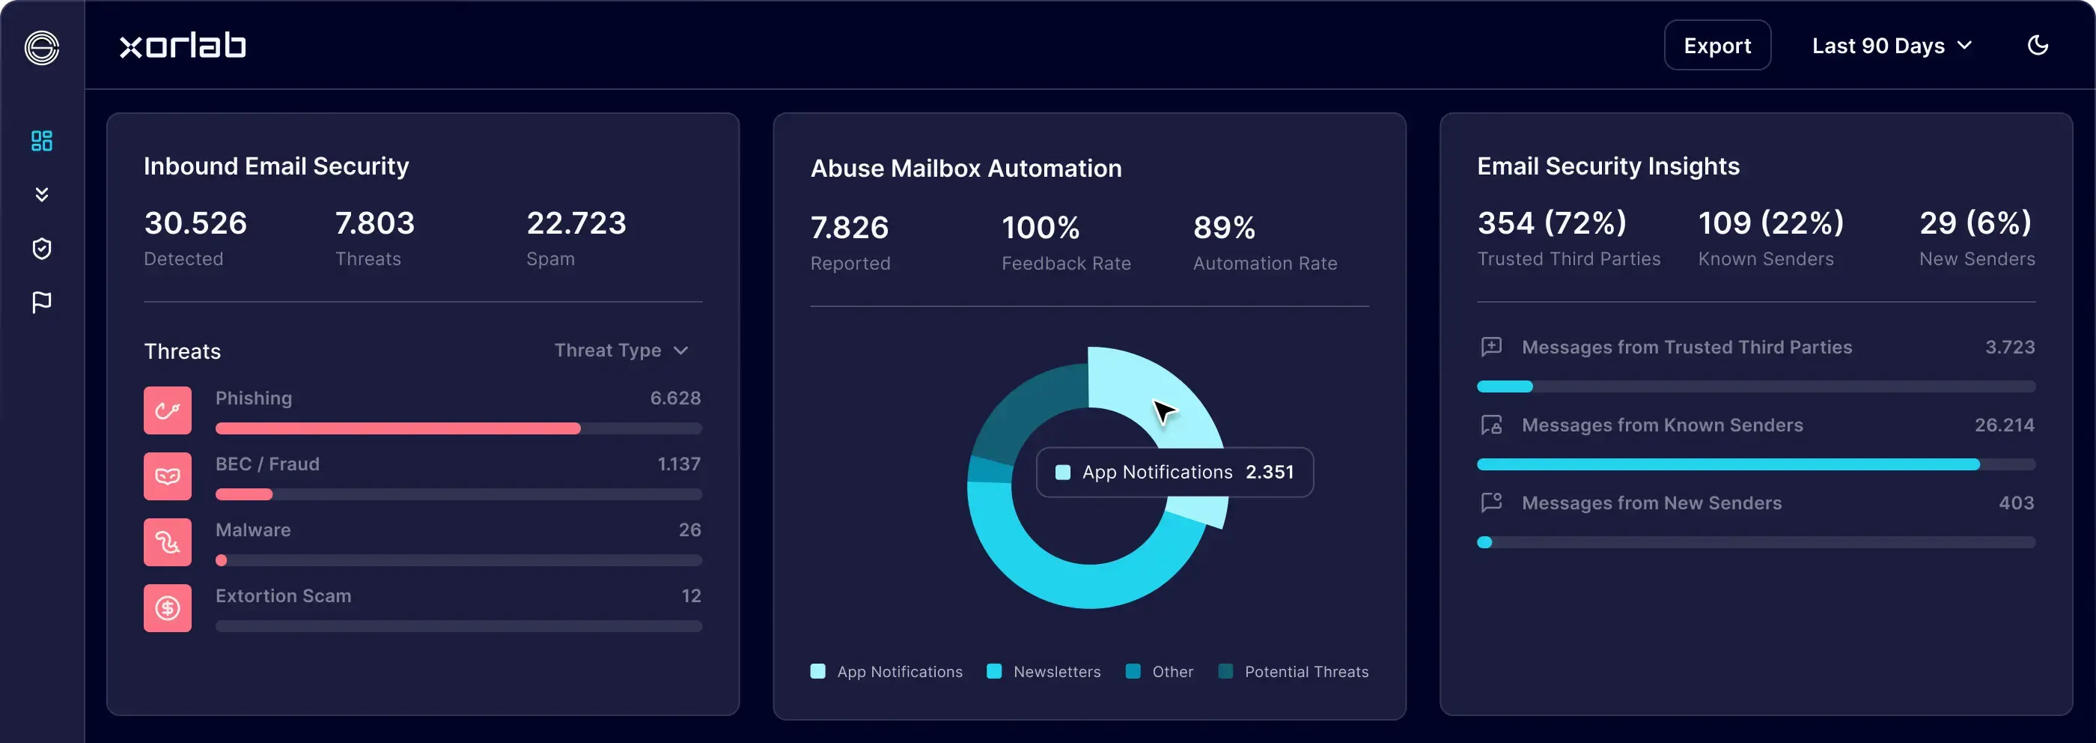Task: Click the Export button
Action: click(1716, 46)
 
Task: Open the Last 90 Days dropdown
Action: click(1891, 46)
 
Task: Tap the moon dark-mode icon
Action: click(2037, 46)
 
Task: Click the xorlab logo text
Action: click(183, 46)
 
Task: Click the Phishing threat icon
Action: click(168, 410)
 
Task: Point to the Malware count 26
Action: click(689, 530)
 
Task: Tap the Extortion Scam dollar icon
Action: click(168, 608)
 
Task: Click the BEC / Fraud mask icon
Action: click(168, 476)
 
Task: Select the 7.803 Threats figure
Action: click(374, 223)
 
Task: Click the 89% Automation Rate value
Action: click(1224, 228)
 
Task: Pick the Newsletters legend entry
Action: click(1044, 671)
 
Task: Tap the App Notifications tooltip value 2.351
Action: click(1270, 472)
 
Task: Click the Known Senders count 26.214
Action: click(2004, 425)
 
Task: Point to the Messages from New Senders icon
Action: click(1491, 502)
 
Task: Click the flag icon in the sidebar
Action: click(41, 303)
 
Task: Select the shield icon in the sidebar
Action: click(41, 248)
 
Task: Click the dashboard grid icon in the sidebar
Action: click(41, 141)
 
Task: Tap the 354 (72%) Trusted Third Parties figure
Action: click(1551, 223)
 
